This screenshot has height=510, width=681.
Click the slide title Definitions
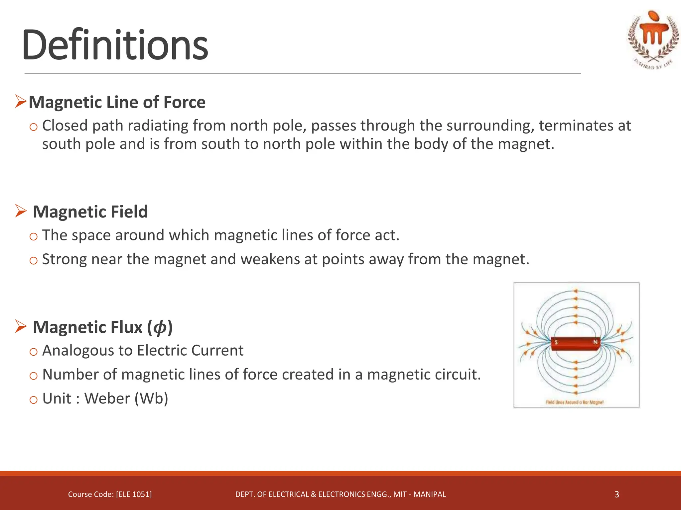coord(115,45)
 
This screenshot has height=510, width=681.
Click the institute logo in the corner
coord(653,39)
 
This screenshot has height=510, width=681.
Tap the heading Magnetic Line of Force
coord(117,102)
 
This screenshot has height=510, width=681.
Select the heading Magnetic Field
coord(90,212)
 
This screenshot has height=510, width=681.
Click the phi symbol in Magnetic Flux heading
coord(160,327)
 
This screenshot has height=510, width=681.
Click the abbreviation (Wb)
coord(152,398)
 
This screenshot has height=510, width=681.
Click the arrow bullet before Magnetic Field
coord(21,211)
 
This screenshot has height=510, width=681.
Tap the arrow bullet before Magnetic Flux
coord(21,327)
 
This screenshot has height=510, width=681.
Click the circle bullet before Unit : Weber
coord(33,399)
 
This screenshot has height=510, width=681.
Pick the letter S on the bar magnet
coord(556,342)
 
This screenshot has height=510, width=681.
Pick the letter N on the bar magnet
coord(595,342)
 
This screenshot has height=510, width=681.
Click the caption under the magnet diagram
coord(575,402)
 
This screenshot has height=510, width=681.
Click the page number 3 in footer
coord(616,494)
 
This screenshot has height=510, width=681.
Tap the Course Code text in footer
coord(110,494)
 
